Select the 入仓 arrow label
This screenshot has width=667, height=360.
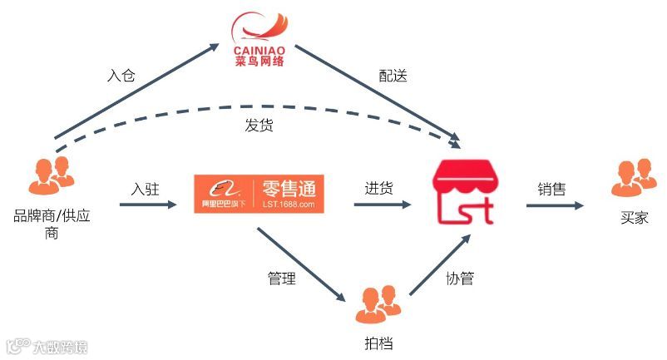click(x=121, y=76)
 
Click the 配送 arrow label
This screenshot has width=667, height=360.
click(x=393, y=76)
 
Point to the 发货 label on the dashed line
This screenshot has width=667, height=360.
click(x=259, y=127)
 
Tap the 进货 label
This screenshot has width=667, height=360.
click(x=378, y=188)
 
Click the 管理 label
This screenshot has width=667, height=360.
click(x=281, y=279)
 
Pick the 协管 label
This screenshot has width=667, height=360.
click(x=459, y=279)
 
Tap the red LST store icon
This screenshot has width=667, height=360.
click(x=463, y=192)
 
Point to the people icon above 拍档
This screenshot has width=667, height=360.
click(x=378, y=304)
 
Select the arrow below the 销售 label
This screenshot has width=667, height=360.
click(x=556, y=203)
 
